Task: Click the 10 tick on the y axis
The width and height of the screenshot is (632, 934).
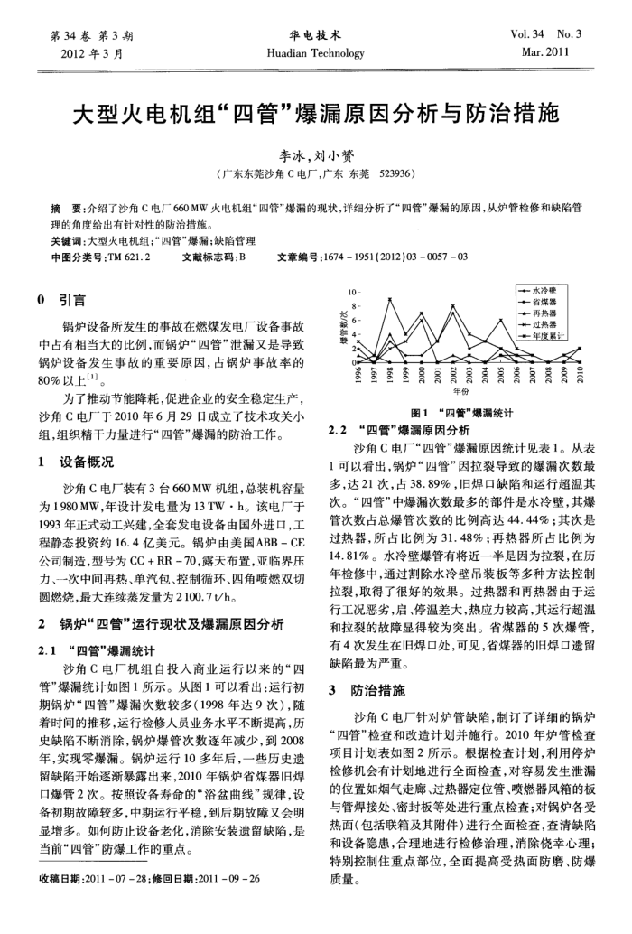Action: click(x=354, y=292)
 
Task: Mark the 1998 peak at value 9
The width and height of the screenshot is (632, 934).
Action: click(x=390, y=299)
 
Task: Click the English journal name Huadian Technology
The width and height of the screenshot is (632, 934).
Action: click(x=314, y=53)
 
